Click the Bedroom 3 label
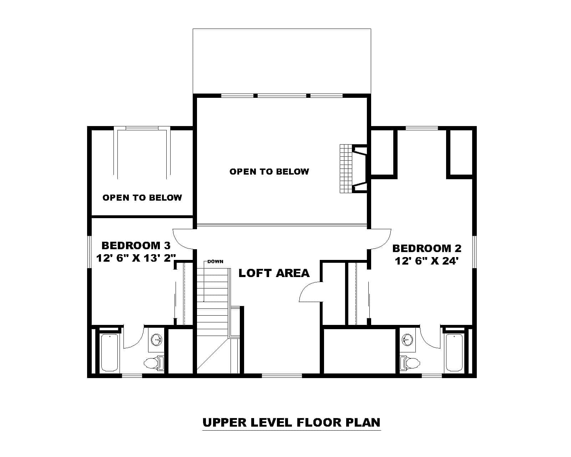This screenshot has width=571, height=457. pos(136,246)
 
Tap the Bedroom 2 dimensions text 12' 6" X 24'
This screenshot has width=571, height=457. pos(426,261)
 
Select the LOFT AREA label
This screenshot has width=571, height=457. pos(274,273)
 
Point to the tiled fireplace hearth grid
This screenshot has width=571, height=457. pos(345,169)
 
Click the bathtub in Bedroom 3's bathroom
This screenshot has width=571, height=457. pos(109,353)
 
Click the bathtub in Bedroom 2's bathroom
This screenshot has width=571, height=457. pos(454,353)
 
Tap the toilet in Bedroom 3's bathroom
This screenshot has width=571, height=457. pos(153,363)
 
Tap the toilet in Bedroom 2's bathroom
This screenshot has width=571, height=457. pos(410,363)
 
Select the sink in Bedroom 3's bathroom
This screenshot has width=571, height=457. pos(156,340)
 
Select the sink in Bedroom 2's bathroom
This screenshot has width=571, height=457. pos(407,340)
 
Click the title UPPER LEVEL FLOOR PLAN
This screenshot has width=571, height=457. pos(291,422)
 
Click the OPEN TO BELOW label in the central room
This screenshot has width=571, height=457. pos(269,172)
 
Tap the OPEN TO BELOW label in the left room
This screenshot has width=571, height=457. pos(142,198)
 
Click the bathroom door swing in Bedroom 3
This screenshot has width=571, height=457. pos(133,337)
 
